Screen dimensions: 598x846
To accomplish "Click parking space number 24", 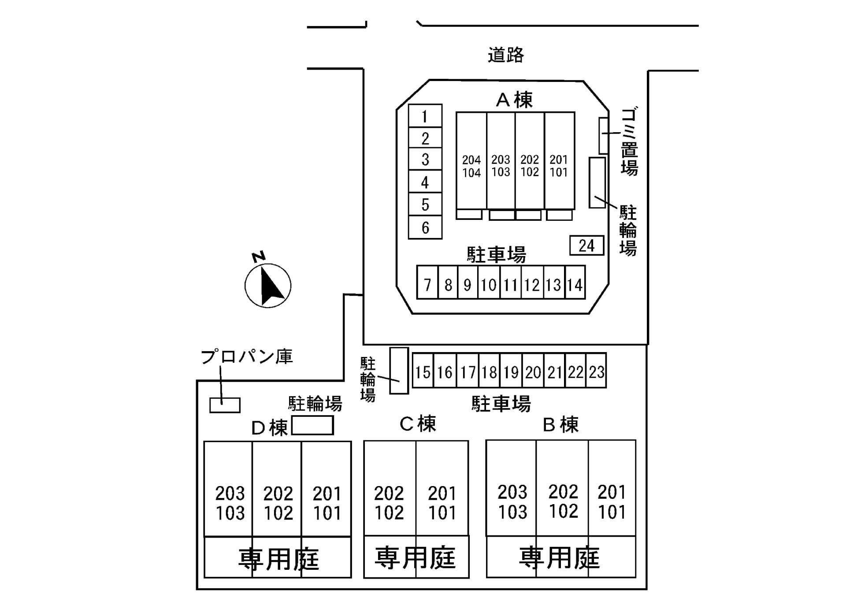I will pyautogui.click(x=586, y=245).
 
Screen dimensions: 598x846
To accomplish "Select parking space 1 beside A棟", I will pyautogui.click(x=425, y=116).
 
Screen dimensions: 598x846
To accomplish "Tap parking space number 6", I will pyautogui.click(x=425, y=227).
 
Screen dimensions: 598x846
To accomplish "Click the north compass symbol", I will pyautogui.click(x=268, y=285).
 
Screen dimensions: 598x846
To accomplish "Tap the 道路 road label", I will pyautogui.click(x=506, y=55).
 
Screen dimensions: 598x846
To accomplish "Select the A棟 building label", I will pyautogui.click(x=514, y=100).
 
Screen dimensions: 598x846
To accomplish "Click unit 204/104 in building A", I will pyautogui.click(x=471, y=166).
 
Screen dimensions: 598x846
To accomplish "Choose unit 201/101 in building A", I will pyautogui.click(x=559, y=166).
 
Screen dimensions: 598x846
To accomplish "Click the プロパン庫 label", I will pyautogui.click(x=247, y=357).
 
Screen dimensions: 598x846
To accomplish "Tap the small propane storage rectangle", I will pyautogui.click(x=225, y=405).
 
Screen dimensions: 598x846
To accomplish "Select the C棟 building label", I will pyautogui.click(x=418, y=423).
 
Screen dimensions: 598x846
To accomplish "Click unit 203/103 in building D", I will pyautogui.click(x=230, y=502).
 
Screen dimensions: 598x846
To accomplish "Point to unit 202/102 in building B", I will pyautogui.click(x=563, y=501).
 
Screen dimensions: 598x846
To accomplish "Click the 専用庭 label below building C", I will pyautogui.click(x=415, y=557).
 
